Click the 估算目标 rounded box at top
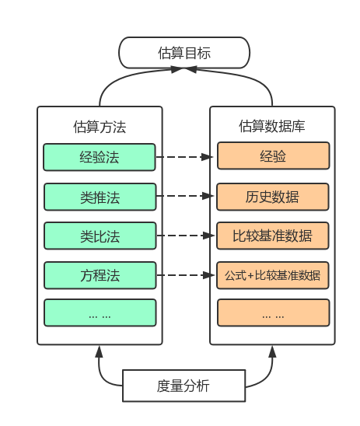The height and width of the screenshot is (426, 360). coord(184,53)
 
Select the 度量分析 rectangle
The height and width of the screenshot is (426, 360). coord(184,386)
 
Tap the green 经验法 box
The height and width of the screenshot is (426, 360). coord(100,157)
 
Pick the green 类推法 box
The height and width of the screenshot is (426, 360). coord(100,197)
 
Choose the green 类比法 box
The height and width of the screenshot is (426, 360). coord(100,236)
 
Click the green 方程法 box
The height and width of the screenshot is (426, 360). coord(100,275)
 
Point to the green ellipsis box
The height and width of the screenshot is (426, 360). coord(100,313)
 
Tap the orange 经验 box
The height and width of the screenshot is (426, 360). coord(274,155)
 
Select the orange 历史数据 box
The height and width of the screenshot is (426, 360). coord(272,197)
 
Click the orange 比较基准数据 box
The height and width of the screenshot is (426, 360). coord(272,236)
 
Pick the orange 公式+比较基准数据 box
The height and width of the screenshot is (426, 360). coord(272,275)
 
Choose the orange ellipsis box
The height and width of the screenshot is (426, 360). coord(274,313)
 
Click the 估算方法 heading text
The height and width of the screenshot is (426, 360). coord(100,127)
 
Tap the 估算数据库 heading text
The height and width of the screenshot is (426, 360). coord(272,126)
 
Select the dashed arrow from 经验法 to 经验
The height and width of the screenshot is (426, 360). coord(184,157)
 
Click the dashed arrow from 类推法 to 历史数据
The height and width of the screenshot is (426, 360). coord(185,196)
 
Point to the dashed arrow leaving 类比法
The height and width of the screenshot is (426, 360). coord(185,236)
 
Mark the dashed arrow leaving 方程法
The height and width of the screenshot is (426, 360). coord(185,275)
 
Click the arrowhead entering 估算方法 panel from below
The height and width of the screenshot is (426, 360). coord(100,351)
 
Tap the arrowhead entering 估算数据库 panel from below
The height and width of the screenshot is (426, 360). coord(272,351)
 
